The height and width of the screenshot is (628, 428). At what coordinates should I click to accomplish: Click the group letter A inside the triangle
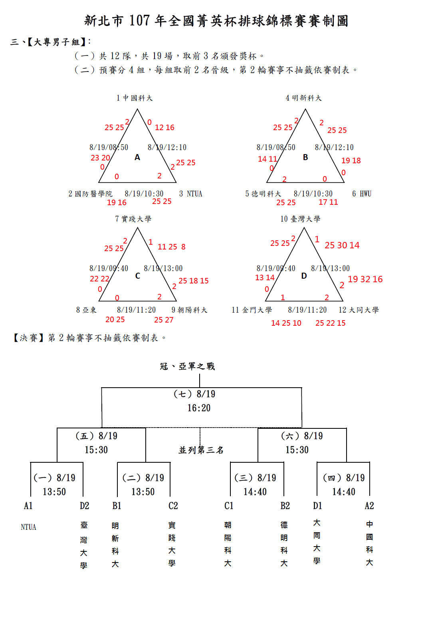point(137,157)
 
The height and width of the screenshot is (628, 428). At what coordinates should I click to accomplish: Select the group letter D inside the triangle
point(304,276)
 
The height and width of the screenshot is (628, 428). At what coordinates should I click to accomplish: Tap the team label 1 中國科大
point(135,98)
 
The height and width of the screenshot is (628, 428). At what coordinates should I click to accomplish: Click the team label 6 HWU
point(362,194)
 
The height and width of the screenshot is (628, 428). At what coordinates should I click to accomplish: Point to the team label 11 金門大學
point(252,310)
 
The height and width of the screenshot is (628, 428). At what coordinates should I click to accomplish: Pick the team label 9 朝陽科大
point(190,310)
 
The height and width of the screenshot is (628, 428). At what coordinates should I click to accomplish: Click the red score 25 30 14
point(342,245)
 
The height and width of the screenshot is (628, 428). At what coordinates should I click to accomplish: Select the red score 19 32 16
point(365,279)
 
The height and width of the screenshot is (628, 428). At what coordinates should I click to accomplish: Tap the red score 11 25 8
point(172,247)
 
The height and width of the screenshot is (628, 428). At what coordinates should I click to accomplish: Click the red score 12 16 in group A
point(164,128)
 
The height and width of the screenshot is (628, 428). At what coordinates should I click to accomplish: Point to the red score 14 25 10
point(286,323)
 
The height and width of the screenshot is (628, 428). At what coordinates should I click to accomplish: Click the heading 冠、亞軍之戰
point(187,366)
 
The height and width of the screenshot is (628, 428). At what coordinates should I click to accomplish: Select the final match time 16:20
point(199,408)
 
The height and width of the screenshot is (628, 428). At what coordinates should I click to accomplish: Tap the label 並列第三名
point(201,450)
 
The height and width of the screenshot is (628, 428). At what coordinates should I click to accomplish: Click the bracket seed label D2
point(84,506)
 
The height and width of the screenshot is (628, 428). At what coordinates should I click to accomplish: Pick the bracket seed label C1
point(229,506)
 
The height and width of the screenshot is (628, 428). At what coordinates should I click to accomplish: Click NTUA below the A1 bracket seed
point(28,527)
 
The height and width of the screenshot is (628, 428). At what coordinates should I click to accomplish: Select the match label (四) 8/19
point(344,478)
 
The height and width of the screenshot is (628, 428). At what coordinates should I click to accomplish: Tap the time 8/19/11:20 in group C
point(136,310)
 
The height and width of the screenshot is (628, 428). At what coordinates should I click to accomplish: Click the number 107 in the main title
point(140,21)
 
